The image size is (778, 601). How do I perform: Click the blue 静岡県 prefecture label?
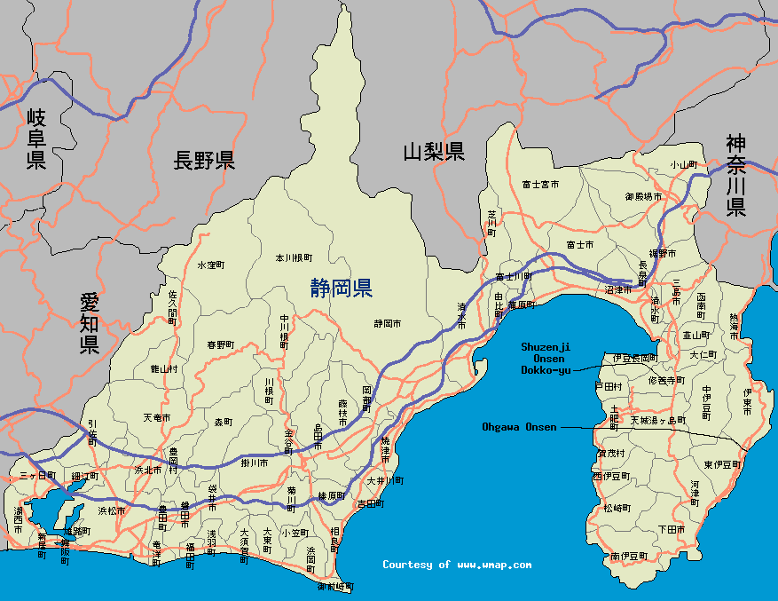(342, 288)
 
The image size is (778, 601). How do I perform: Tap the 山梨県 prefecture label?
(434, 151)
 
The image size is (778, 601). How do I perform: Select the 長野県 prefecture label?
(204, 161)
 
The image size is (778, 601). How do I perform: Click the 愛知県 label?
(89, 323)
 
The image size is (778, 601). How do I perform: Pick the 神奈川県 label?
(735, 175)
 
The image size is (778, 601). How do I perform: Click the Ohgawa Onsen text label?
(519, 427)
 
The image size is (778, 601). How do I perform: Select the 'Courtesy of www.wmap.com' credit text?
(457, 565)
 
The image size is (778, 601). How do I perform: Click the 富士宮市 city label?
(540, 185)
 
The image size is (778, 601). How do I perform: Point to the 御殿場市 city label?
(643, 195)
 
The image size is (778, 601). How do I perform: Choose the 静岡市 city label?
(388, 323)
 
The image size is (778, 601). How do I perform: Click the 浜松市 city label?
(112, 510)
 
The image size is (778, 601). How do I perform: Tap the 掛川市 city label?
(255, 463)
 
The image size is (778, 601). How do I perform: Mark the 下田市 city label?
(672, 529)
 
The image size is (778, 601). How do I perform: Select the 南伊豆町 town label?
(629, 556)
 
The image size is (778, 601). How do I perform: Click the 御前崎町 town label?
(335, 587)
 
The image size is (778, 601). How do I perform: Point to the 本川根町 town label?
(294, 258)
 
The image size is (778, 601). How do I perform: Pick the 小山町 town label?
(684, 164)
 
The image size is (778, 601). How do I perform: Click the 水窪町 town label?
(211, 265)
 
